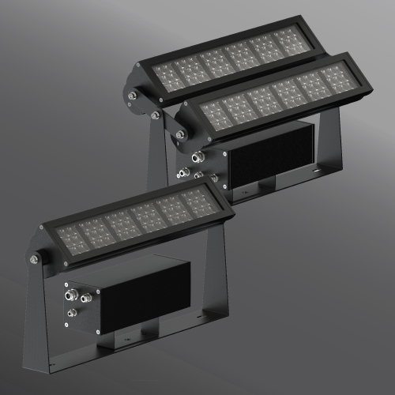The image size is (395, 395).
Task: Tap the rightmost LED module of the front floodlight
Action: click(198, 202)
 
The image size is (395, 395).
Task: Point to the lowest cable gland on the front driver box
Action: click(71, 314)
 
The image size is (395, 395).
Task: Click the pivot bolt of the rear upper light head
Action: click(131, 96)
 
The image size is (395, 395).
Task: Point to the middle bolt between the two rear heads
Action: click(156, 115)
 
